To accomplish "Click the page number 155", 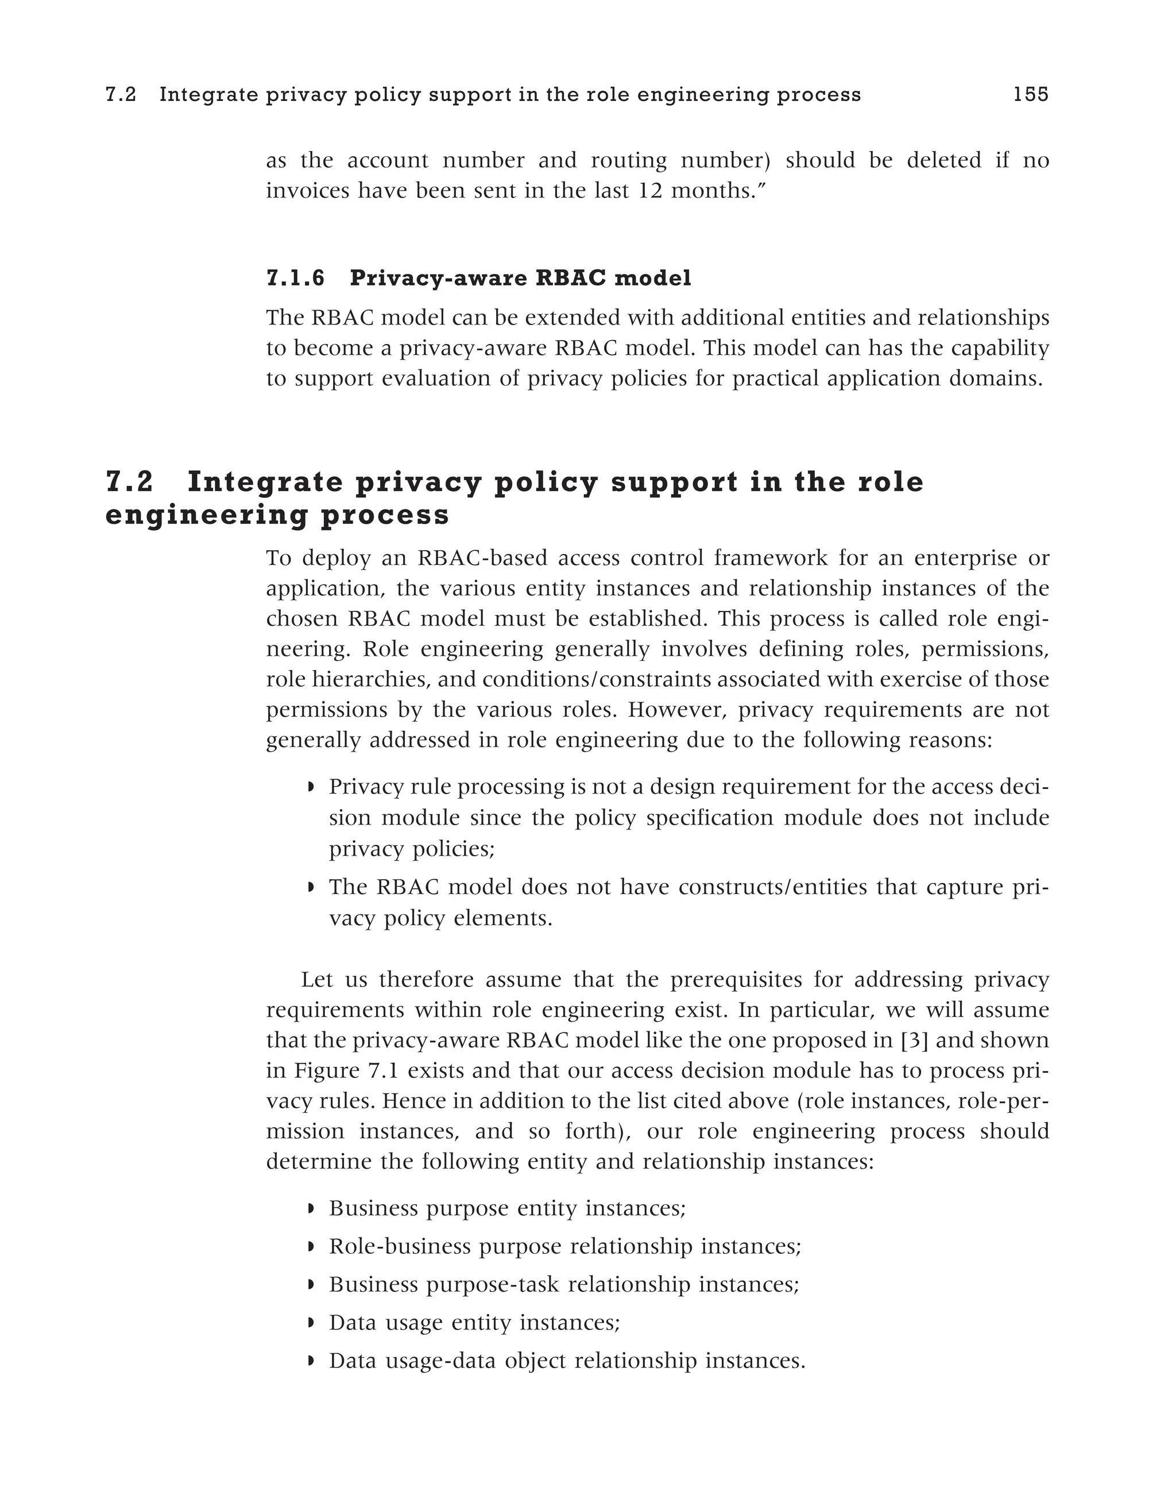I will coord(1031,95).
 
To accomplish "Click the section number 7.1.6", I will coord(296,279).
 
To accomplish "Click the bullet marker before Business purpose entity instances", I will coord(311,1209).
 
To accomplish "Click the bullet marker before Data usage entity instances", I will coord(311,1324).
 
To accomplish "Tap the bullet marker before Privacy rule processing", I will coord(311,788).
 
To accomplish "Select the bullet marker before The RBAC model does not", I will coord(311,888).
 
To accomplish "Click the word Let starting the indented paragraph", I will coord(318,980).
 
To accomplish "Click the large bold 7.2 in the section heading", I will coord(129,482).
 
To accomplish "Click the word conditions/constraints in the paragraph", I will coord(597,680).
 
